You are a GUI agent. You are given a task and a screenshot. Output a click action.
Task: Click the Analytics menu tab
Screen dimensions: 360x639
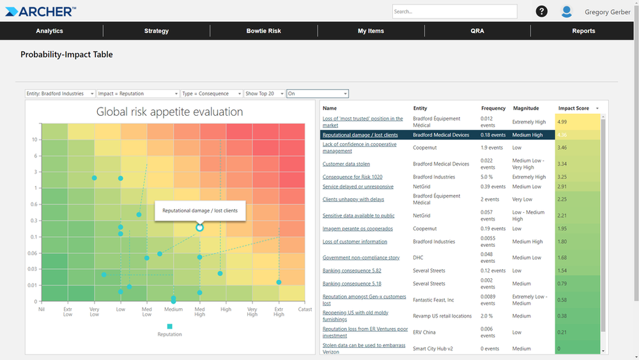coord(49,31)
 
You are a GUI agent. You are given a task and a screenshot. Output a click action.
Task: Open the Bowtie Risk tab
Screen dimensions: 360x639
coord(263,31)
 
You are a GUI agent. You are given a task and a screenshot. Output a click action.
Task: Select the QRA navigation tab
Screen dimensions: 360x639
coord(477,31)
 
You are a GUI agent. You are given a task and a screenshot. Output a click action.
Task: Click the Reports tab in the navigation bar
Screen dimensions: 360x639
coord(583,31)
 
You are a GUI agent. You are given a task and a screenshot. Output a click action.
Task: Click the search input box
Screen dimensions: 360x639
coord(454,12)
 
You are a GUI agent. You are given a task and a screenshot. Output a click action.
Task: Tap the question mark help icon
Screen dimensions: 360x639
coord(541,12)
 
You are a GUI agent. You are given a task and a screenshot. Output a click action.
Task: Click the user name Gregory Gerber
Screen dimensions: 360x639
coord(607,12)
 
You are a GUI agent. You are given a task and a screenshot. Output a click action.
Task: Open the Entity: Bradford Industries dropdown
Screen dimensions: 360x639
coord(60,94)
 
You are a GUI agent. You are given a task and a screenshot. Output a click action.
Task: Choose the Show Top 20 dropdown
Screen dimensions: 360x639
coord(265,94)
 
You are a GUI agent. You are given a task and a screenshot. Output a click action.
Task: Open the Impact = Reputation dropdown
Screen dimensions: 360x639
coord(137,94)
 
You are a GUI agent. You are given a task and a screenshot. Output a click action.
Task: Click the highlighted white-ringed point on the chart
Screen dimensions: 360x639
coord(199,228)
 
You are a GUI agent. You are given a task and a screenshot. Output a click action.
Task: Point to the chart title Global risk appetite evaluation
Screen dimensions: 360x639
coord(169,112)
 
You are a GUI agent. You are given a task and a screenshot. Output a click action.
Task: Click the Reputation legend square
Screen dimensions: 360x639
coord(169,326)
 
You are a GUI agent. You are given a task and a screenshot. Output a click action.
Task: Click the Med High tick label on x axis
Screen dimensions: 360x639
coord(199,311)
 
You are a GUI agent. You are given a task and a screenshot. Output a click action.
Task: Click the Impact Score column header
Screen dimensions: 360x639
coord(574,109)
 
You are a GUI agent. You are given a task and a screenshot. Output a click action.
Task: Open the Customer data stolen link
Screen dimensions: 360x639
coord(346,164)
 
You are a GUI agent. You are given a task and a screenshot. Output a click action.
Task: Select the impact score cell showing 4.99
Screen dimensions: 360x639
coord(578,121)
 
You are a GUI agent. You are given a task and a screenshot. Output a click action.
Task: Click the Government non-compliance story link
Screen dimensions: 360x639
coord(361,258)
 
